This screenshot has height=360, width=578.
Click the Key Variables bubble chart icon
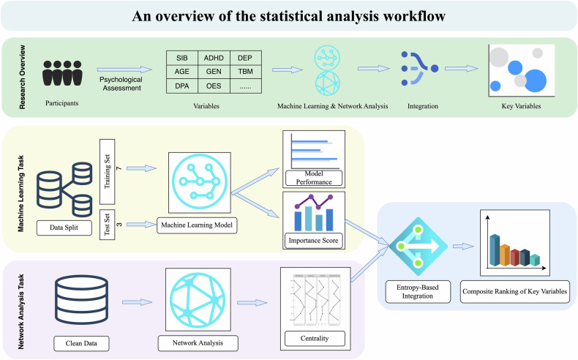click(518, 68)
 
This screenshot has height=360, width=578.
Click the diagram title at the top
click(288, 16)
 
